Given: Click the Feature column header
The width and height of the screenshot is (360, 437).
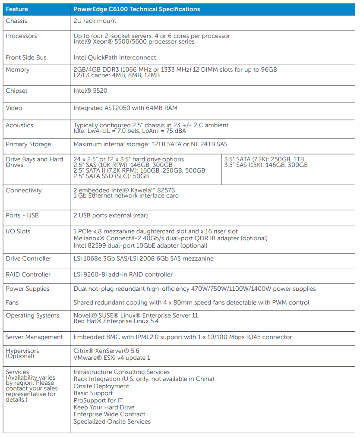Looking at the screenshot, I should click(x=17, y=9).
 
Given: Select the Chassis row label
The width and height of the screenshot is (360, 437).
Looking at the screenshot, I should click(x=16, y=21).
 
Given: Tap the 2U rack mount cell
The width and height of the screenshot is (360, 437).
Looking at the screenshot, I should click(x=95, y=21).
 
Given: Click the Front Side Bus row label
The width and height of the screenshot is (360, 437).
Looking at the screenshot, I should click(x=26, y=57).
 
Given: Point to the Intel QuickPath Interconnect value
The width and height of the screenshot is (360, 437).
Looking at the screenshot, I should click(x=115, y=57).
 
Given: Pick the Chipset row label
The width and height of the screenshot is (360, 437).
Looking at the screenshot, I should click(x=17, y=91).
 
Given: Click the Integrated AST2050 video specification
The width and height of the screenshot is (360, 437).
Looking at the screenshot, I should click(x=125, y=108).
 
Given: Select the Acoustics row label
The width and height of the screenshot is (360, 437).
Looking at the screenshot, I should click(x=19, y=125).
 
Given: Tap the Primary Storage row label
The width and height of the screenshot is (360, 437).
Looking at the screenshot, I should click(x=28, y=144).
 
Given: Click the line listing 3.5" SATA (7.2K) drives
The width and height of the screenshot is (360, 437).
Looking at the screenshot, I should click(x=264, y=159).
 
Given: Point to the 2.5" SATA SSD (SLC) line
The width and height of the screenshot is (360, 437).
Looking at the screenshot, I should click(x=111, y=176).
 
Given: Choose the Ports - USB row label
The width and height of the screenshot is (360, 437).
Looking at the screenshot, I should click(x=22, y=215).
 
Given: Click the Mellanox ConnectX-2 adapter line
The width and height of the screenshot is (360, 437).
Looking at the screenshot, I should click(x=171, y=238).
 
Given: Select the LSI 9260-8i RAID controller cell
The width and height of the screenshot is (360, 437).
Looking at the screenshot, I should click(x=123, y=274).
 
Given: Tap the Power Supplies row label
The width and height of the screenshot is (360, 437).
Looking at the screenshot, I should click(x=28, y=289).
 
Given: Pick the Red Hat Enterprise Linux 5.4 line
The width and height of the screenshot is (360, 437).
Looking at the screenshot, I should click(x=116, y=321).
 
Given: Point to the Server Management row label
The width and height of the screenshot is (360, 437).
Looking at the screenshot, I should click(x=34, y=337).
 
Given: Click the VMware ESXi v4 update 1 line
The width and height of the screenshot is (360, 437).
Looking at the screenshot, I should click(x=112, y=358).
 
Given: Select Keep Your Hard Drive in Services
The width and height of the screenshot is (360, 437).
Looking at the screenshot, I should click(x=104, y=407).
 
